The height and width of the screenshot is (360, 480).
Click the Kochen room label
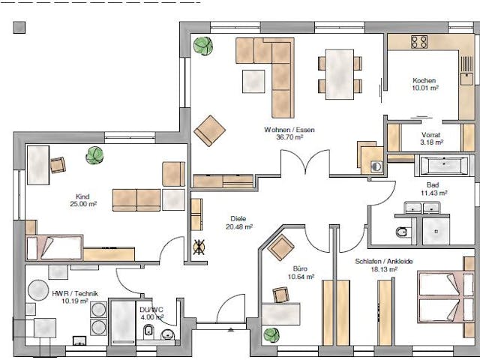click(424, 80)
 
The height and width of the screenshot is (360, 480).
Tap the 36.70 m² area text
click(289, 138)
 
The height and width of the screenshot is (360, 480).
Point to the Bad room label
click(433, 184)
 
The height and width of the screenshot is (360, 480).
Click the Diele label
click(238, 218)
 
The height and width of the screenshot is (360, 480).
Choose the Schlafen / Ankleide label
click(384, 261)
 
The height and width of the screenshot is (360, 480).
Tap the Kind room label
click(82, 196)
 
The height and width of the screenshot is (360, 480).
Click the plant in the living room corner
click(202, 46)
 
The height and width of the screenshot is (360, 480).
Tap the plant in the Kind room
click(94, 155)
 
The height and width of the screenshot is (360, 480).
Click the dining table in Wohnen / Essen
click(342, 73)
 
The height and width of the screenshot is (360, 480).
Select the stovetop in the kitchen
click(418, 42)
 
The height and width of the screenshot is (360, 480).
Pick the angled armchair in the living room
click(209, 130)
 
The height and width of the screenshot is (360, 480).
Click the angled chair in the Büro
click(283, 246)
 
